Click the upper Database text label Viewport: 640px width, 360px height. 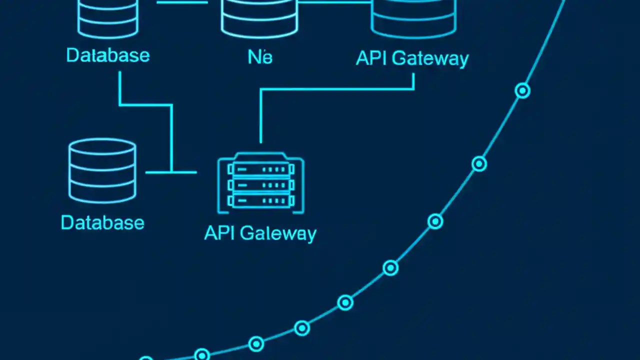[x=107, y=55]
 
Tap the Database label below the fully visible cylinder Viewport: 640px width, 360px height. [x=102, y=222]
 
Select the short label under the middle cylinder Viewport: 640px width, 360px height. [x=260, y=57]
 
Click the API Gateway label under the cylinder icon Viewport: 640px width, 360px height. [x=412, y=58]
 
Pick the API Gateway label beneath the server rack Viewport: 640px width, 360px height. [x=260, y=233]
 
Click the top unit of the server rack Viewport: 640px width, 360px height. [x=260, y=170]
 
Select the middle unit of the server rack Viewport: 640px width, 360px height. [x=260, y=185]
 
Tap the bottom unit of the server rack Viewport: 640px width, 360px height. [x=260, y=201]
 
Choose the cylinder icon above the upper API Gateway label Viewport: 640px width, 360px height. [x=413, y=19]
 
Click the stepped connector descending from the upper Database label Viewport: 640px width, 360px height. [x=171, y=135]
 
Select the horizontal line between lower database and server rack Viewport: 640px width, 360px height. [x=171, y=172]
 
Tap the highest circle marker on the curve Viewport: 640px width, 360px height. [x=522, y=90]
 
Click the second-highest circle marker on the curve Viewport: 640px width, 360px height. [x=479, y=163]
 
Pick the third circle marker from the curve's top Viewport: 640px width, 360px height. [x=435, y=221]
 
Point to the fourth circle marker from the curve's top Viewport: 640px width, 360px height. [x=390, y=268]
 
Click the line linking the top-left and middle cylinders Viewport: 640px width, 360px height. [x=182, y=2]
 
